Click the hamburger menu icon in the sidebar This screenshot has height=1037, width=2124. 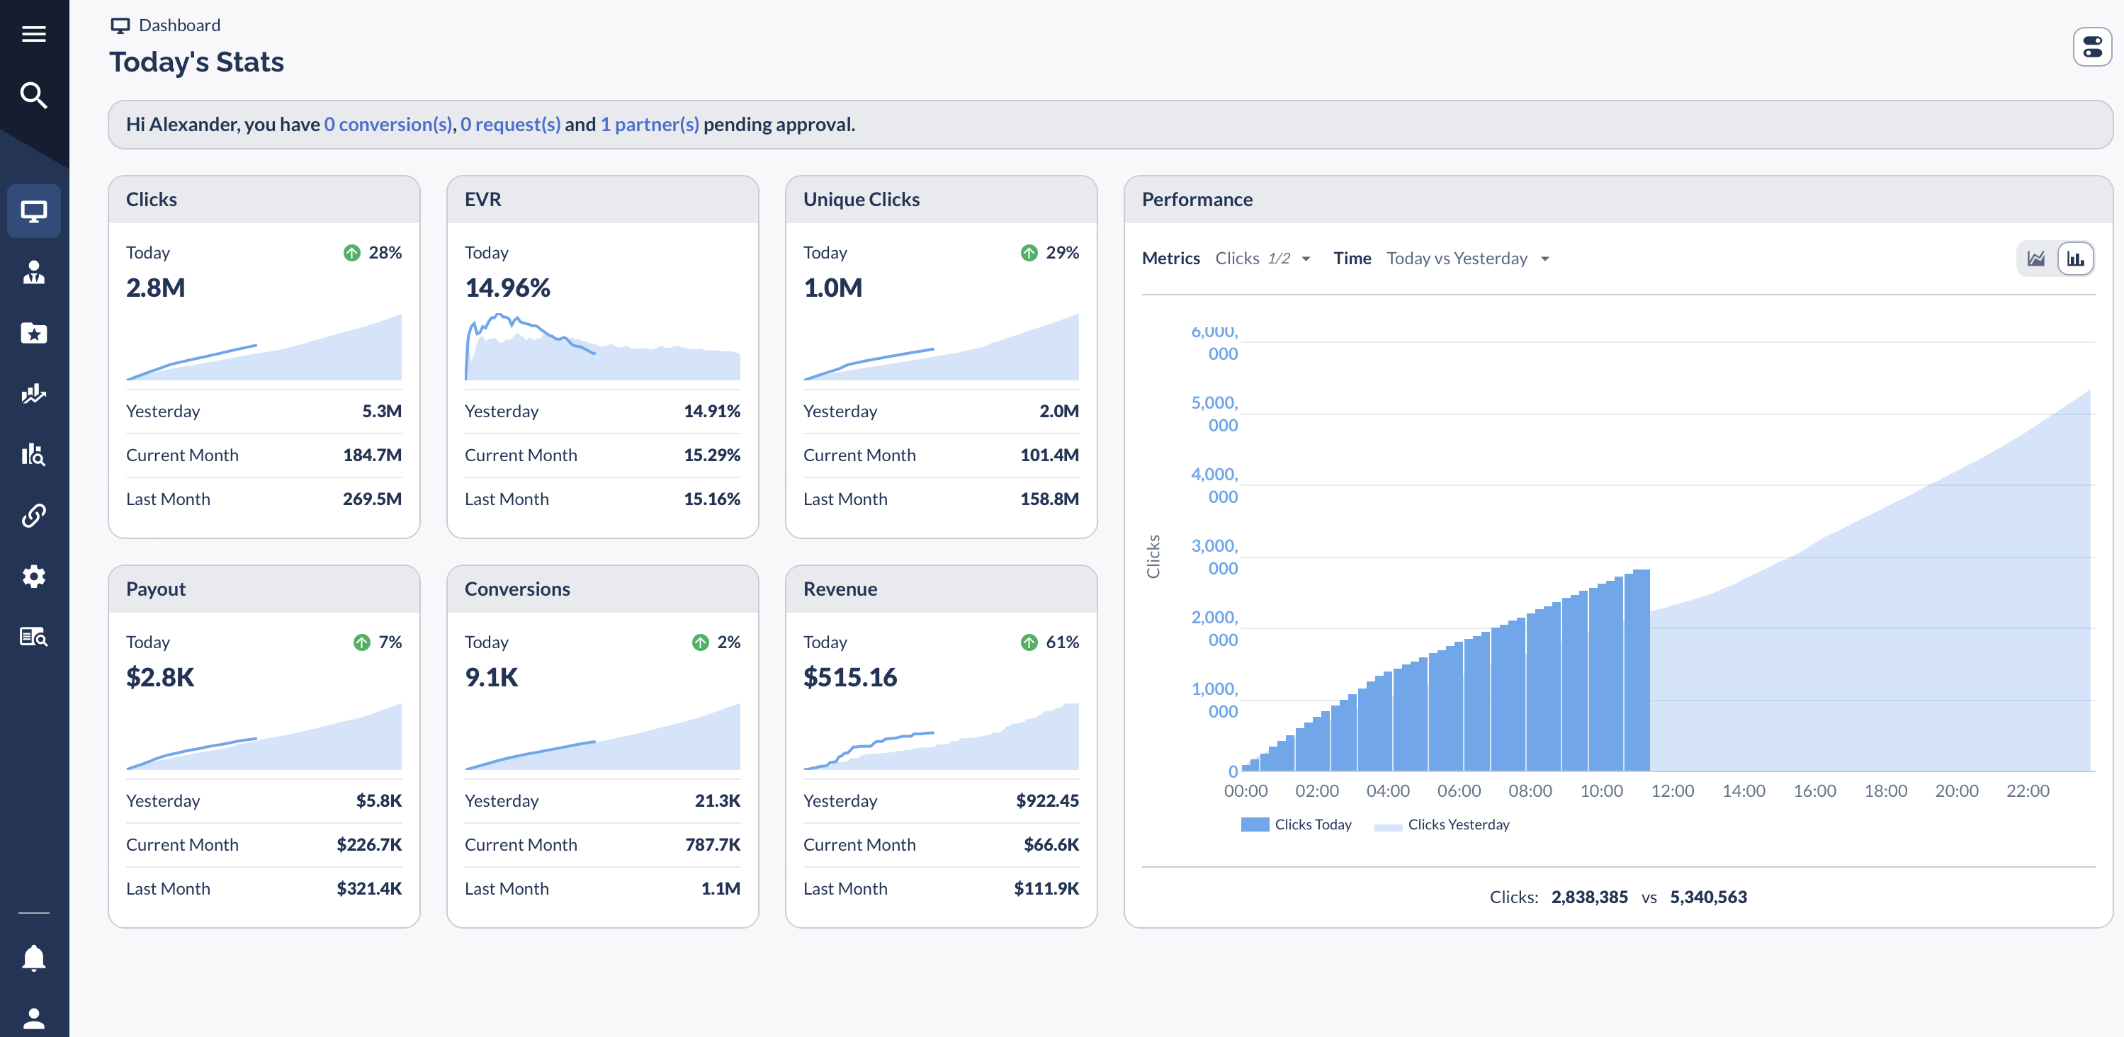pyautogui.click(x=34, y=34)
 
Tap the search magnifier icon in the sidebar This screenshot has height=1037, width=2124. pyautogui.click(x=34, y=96)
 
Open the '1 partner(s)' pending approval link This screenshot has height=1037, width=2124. pyautogui.click(x=649, y=125)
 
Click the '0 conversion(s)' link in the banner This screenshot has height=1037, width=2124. pyautogui.click(x=388, y=125)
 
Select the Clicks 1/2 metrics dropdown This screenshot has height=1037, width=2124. pyautogui.click(x=1262, y=259)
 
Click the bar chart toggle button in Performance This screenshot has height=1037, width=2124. pyautogui.click(x=2074, y=259)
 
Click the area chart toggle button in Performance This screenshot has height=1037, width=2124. pyautogui.click(x=2035, y=259)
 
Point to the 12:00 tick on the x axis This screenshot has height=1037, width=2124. pyautogui.click(x=1671, y=790)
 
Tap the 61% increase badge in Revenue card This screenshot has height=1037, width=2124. pyautogui.click(x=1050, y=642)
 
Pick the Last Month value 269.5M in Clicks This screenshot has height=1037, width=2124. pyautogui.click(x=372, y=499)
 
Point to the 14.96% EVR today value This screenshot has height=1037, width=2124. pyautogui.click(x=507, y=288)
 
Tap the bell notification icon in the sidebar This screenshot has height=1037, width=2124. pyautogui.click(x=34, y=958)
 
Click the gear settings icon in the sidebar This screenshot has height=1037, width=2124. pyautogui.click(x=34, y=576)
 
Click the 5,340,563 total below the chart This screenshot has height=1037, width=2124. pyautogui.click(x=1707, y=897)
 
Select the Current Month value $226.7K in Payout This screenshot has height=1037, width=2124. pyautogui.click(x=368, y=845)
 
